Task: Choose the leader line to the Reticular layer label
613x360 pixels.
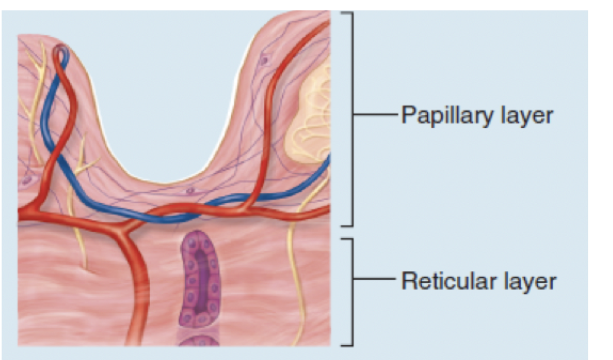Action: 375,278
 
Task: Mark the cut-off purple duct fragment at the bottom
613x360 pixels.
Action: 199,341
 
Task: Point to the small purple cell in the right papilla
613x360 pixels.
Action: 264,60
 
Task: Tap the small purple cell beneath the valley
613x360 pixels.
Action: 190,190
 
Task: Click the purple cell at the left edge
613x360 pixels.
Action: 26,180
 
